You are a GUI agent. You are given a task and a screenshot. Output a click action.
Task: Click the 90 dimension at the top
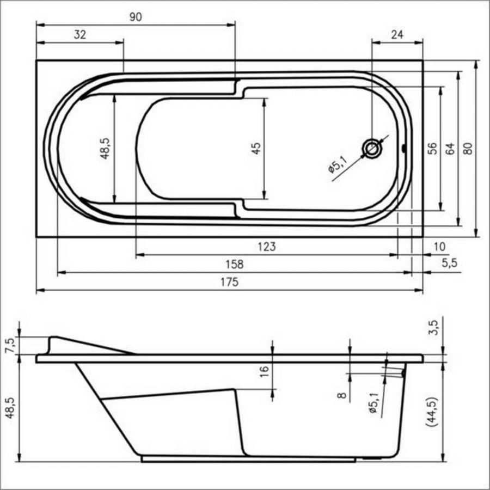point(136,17)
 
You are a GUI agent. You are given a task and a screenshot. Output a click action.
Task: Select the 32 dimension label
point(79,35)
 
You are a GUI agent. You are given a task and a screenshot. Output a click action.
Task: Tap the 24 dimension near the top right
point(397,35)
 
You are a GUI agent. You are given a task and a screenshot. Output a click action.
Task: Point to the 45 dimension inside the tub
point(257,149)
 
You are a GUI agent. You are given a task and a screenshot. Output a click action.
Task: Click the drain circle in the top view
point(372,148)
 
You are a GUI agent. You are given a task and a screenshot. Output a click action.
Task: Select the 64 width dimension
point(450,149)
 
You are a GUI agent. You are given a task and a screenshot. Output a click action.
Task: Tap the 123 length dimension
point(266,247)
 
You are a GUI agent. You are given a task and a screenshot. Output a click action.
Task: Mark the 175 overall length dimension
point(229,283)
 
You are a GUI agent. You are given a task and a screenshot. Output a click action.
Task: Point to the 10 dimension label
point(438,247)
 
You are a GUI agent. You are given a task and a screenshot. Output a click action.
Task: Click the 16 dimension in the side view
point(264,371)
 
